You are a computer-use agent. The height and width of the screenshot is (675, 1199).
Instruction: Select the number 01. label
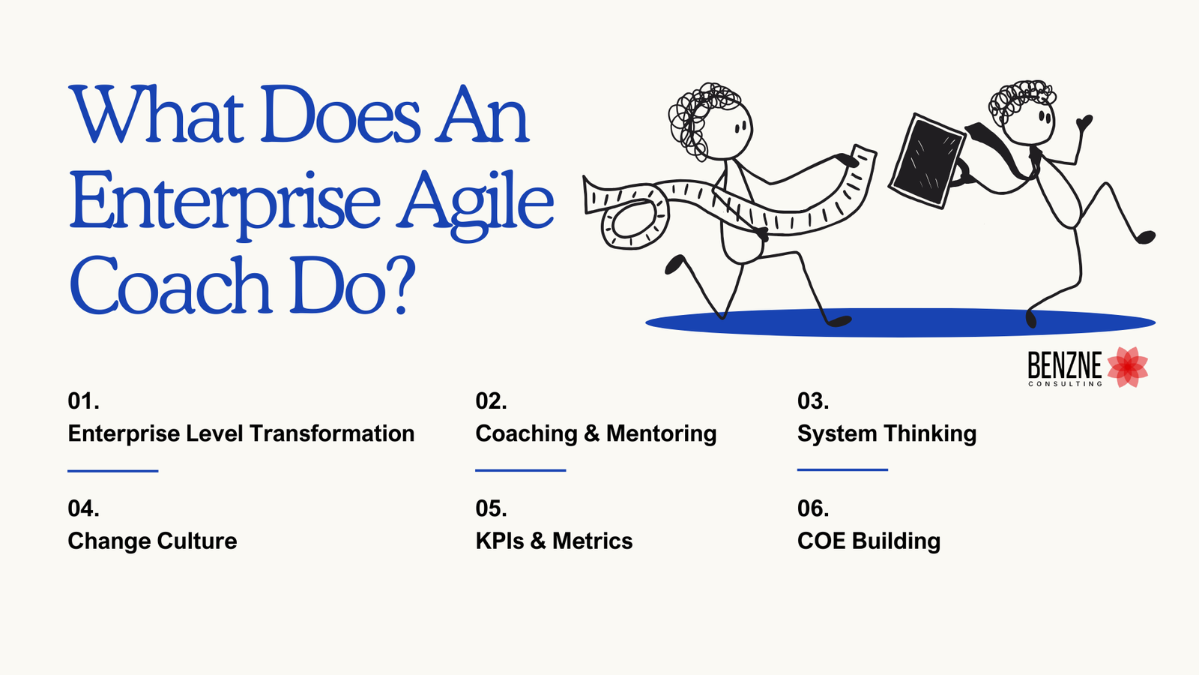pyautogui.click(x=83, y=401)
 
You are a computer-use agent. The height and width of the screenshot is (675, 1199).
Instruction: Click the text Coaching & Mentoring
pyautogui.click(x=596, y=433)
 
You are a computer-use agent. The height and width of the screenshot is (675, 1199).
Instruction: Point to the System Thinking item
pyautogui.click(x=887, y=433)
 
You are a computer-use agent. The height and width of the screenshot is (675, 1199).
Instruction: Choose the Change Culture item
pyautogui.click(x=152, y=541)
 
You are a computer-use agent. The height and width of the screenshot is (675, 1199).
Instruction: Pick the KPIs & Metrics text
pyautogui.click(x=554, y=541)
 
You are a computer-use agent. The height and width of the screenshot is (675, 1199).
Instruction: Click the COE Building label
pyautogui.click(x=869, y=541)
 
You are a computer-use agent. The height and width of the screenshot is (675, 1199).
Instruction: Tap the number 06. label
pyautogui.click(x=813, y=508)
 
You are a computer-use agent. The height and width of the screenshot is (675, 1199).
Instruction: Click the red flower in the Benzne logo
pyautogui.click(x=1128, y=367)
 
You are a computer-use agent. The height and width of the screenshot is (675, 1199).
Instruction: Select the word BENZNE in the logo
pyautogui.click(x=1064, y=365)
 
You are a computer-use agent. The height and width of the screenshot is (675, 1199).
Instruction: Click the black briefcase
pyautogui.click(x=926, y=160)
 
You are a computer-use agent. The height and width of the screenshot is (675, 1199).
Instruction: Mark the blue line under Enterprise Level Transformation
pyautogui.click(x=112, y=471)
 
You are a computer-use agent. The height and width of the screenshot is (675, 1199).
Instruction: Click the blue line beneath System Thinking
pyautogui.click(x=842, y=470)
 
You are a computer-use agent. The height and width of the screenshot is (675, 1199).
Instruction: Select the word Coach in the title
pyautogui.click(x=169, y=287)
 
